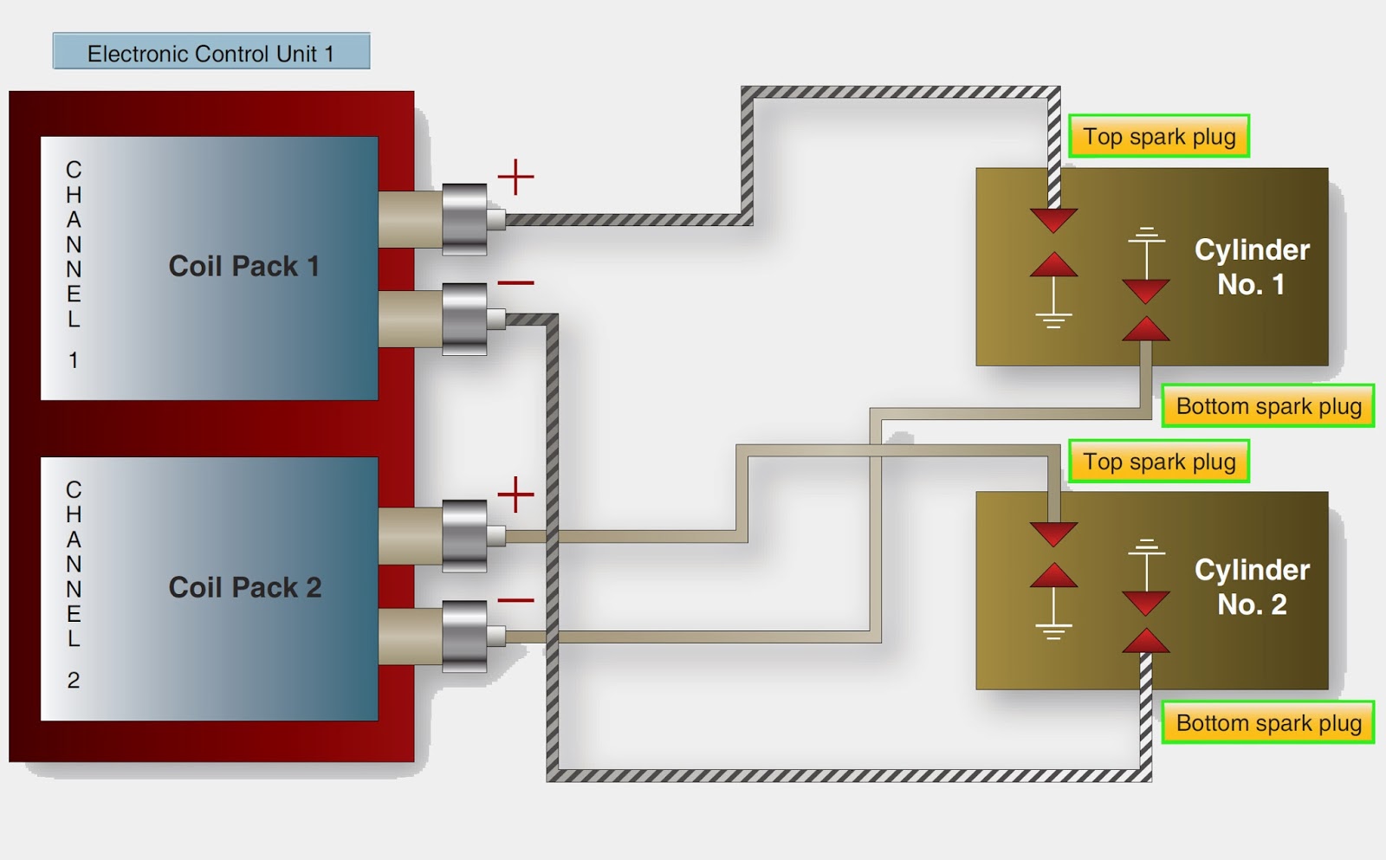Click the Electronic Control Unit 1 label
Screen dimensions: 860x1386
pos(210,53)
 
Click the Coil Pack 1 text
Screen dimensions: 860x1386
pos(243,266)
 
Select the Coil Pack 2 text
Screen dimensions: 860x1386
pos(244,587)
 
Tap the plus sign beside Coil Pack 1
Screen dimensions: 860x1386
pos(515,177)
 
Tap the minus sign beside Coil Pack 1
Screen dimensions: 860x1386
pos(515,282)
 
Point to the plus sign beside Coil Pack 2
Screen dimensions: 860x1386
pos(515,495)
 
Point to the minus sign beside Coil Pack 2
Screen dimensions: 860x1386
pos(515,600)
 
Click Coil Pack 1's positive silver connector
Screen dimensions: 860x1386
pos(464,219)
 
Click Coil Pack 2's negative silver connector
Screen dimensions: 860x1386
pos(464,637)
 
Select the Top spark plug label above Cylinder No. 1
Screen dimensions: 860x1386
pos(1159,137)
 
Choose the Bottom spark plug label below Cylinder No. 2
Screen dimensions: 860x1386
pos(1268,723)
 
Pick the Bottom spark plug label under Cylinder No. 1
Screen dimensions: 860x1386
pos(1268,406)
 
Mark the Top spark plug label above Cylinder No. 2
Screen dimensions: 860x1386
pos(1159,462)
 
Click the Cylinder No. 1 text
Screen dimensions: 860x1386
pos(1252,267)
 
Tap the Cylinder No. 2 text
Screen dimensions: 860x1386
pos(1252,587)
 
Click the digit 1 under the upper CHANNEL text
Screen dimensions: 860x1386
pos(74,360)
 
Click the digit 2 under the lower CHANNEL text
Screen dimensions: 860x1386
pos(74,681)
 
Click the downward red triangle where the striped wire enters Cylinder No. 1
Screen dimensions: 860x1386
pos(1053,219)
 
